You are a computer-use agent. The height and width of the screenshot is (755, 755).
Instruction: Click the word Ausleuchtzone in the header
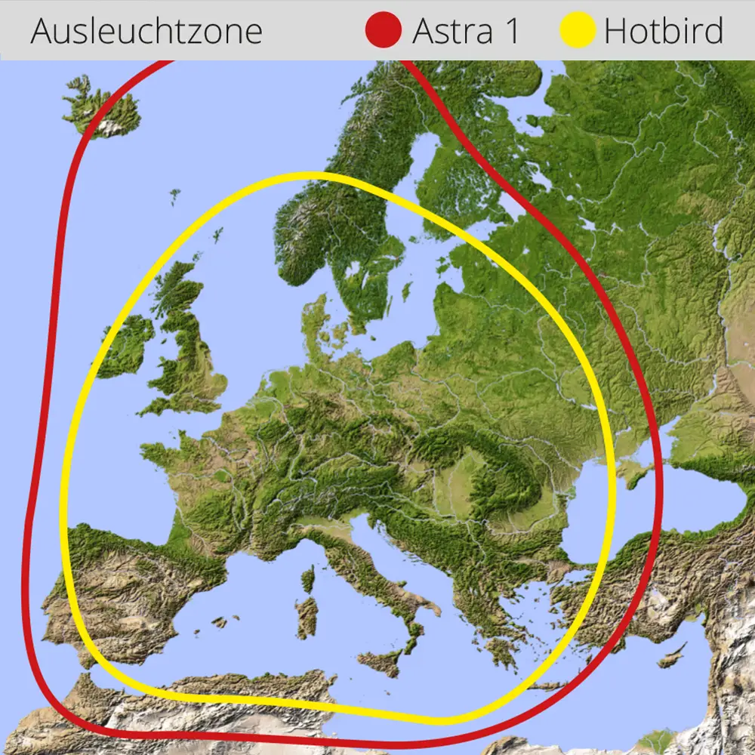[x=146, y=31]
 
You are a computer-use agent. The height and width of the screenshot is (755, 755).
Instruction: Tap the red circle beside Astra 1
[x=384, y=31]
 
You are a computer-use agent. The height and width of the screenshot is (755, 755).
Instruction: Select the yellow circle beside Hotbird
[x=578, y=31]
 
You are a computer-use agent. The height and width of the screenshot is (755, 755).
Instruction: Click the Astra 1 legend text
[x=466, y=31]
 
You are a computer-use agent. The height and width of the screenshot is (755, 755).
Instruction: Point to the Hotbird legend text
[x=664, y=31]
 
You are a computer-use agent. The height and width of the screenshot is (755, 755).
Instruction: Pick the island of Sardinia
[x=307, y=618]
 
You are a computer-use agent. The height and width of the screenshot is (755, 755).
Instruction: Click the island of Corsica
[x=308, y=579]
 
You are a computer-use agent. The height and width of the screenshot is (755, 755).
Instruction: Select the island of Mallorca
[x=220, y=622]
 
